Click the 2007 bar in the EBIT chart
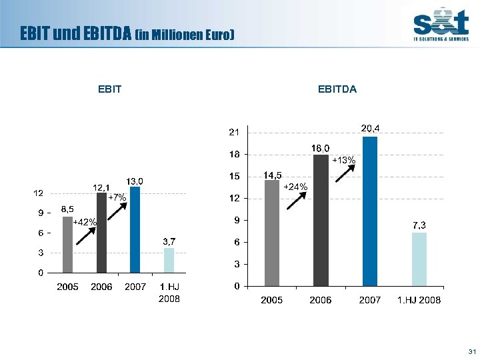135,230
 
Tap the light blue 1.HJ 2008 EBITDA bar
419,259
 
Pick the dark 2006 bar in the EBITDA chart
321,220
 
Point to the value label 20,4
371,127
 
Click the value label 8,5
67,209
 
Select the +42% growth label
85,222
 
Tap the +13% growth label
344,161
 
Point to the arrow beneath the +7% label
118,208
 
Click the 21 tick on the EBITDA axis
234,133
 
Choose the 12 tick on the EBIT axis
39,193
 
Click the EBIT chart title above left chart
109,89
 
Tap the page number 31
472,351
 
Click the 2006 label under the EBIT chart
101,287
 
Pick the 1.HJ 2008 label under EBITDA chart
419,300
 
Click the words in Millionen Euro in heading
185,34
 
